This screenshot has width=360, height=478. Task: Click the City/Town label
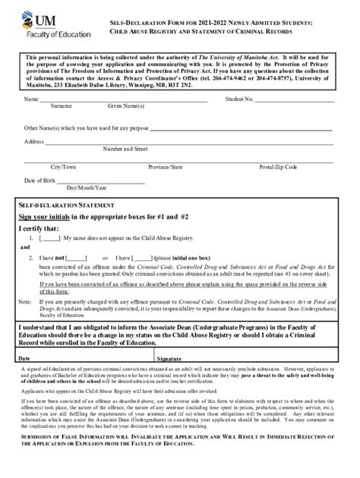pyautogui.click(x=63, y=165)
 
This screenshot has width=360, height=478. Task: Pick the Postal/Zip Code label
pyautogui.click(x=277, y=165)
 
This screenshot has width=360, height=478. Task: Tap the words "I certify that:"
pyautogui.click(x=38, y=228)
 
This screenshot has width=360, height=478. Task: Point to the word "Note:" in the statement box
pyautogui.click(x=26, y=300)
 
